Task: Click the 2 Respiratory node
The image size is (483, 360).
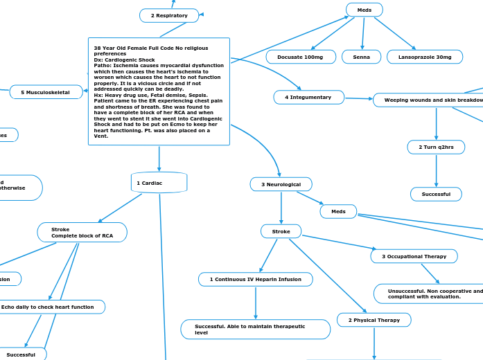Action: (169, 15)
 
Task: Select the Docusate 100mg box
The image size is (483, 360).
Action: (301, 57)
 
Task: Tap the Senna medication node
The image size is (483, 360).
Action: (361, 57)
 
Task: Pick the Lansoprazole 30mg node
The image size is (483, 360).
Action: (425, 57)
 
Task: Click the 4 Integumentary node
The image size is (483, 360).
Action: (308, 98)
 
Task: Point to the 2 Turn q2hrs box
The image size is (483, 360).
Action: (436, 147)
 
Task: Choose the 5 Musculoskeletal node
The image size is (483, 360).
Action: (46, 92)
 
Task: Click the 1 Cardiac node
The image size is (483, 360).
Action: (159, 183)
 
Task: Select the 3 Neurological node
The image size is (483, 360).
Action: (281, 184)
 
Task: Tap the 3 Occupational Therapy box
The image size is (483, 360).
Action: (414, 256)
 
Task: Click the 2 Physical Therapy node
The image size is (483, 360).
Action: (374, 320)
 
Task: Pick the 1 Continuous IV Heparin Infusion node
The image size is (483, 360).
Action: (256, 279)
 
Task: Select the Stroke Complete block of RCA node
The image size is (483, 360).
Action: (82, 232)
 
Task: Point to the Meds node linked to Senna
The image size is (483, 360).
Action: (364, 10)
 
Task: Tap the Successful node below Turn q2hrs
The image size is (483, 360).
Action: (436, 195)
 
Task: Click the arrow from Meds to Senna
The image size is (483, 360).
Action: (362, 33)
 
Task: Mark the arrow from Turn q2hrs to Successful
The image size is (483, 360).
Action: (436, 170)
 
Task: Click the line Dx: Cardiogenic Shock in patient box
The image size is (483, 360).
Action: (125, 60)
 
